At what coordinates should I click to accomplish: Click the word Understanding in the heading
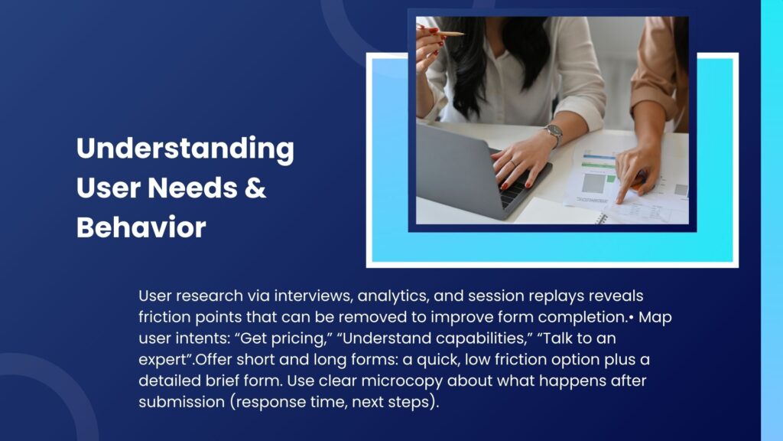(x=185, y=149)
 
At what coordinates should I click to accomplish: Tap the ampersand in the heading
(x=255, y=188)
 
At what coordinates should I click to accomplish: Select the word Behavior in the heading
(x=141, y=227)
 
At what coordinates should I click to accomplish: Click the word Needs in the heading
(x=192, y=188)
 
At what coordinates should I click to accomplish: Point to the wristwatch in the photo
(x=554, y=133)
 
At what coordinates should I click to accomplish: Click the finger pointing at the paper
(x=622, y=190)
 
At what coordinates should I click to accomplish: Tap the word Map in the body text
(x=655, y=318)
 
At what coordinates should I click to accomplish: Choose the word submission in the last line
(x=182, y=402)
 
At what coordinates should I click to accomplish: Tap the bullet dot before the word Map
(x=632, y=318)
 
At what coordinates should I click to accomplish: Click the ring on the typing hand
(x=513, y=163)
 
